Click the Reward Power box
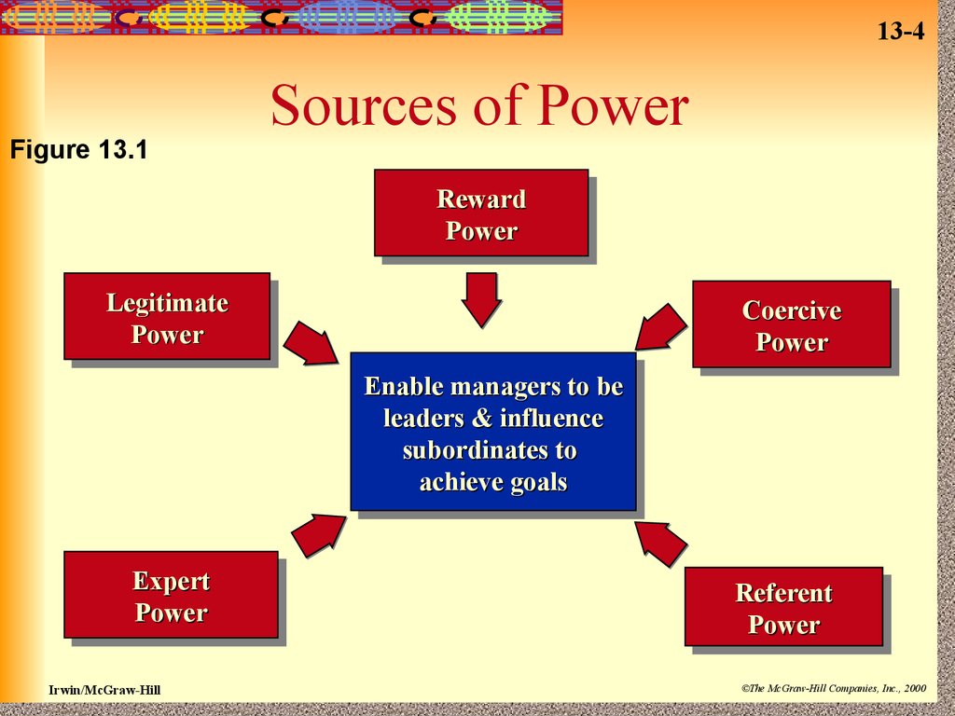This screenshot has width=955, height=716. coord(481,213)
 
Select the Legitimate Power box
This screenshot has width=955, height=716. coord(167,316)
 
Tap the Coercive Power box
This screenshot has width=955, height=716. coord(792,324)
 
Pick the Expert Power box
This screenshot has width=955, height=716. coord(172,594)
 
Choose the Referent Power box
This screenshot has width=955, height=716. coord(783,606)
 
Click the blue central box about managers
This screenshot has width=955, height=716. coord(493,431)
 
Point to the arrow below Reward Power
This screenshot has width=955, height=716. coord(482,299)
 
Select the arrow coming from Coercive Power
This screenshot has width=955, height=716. coord(661,327)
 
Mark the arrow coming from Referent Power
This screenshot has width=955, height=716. coord(661,544)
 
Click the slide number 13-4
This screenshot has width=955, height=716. coord(901,31)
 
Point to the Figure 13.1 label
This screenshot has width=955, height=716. coord(78,149)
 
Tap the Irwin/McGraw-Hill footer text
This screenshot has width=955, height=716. coord(104,690)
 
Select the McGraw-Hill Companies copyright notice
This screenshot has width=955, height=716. coord(834,689)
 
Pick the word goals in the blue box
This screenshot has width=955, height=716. coord(539,483)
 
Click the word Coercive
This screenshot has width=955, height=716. coord(792,310)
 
